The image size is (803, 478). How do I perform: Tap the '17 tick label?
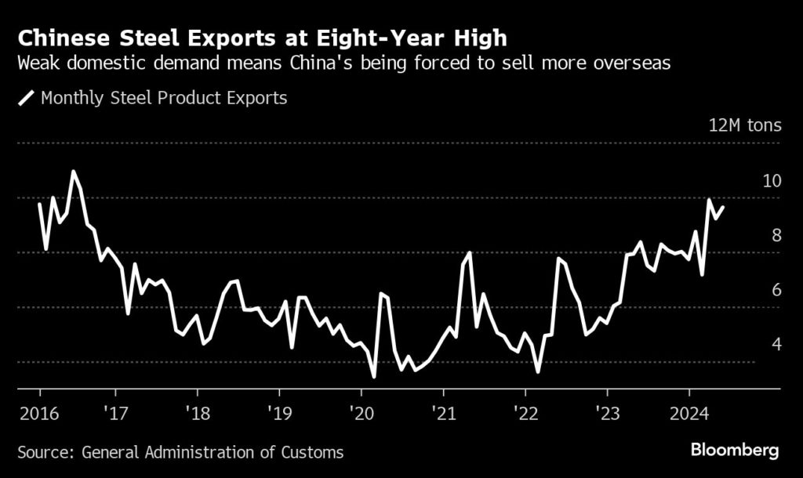114,411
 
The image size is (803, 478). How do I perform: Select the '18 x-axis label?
197,411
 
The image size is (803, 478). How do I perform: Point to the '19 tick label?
278,411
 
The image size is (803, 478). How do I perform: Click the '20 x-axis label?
361,411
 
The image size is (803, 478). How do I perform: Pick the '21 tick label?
443,411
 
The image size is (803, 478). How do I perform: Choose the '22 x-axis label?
525,411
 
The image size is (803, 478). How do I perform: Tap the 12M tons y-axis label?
745,125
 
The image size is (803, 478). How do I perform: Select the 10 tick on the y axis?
772,181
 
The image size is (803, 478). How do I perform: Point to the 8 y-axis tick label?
776,235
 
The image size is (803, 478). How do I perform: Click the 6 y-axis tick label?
776,290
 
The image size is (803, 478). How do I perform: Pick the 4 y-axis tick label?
776,344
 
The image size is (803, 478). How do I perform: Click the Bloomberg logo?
735,451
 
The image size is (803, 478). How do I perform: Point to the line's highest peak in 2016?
74,171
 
